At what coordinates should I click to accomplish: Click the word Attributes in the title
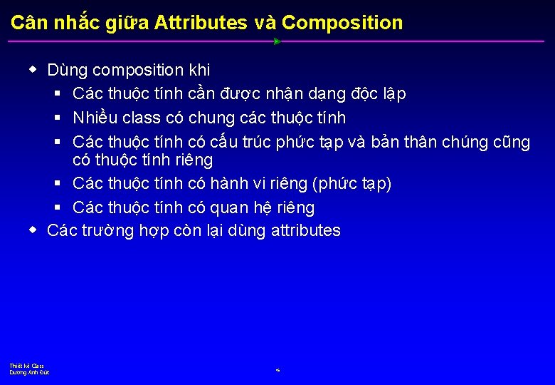(x=200, y=23)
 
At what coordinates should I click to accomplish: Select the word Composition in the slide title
(x=342, y=23)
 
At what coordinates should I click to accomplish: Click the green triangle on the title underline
(x=277, y=41)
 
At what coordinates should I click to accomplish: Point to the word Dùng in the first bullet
(x=67, y=70)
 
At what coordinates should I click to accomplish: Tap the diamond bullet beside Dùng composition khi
(x=33, y=70)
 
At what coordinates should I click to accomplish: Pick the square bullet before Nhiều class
(x=58, y=118)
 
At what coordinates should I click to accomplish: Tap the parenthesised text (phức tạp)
(x=352, y=184)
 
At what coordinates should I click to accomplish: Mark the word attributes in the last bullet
(x=306, y=231)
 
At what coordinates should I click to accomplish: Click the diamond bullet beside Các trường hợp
(x=33, y=231)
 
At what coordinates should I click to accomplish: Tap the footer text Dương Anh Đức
(x=29, y=373)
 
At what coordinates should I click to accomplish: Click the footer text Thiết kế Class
(x=27, y=366)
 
